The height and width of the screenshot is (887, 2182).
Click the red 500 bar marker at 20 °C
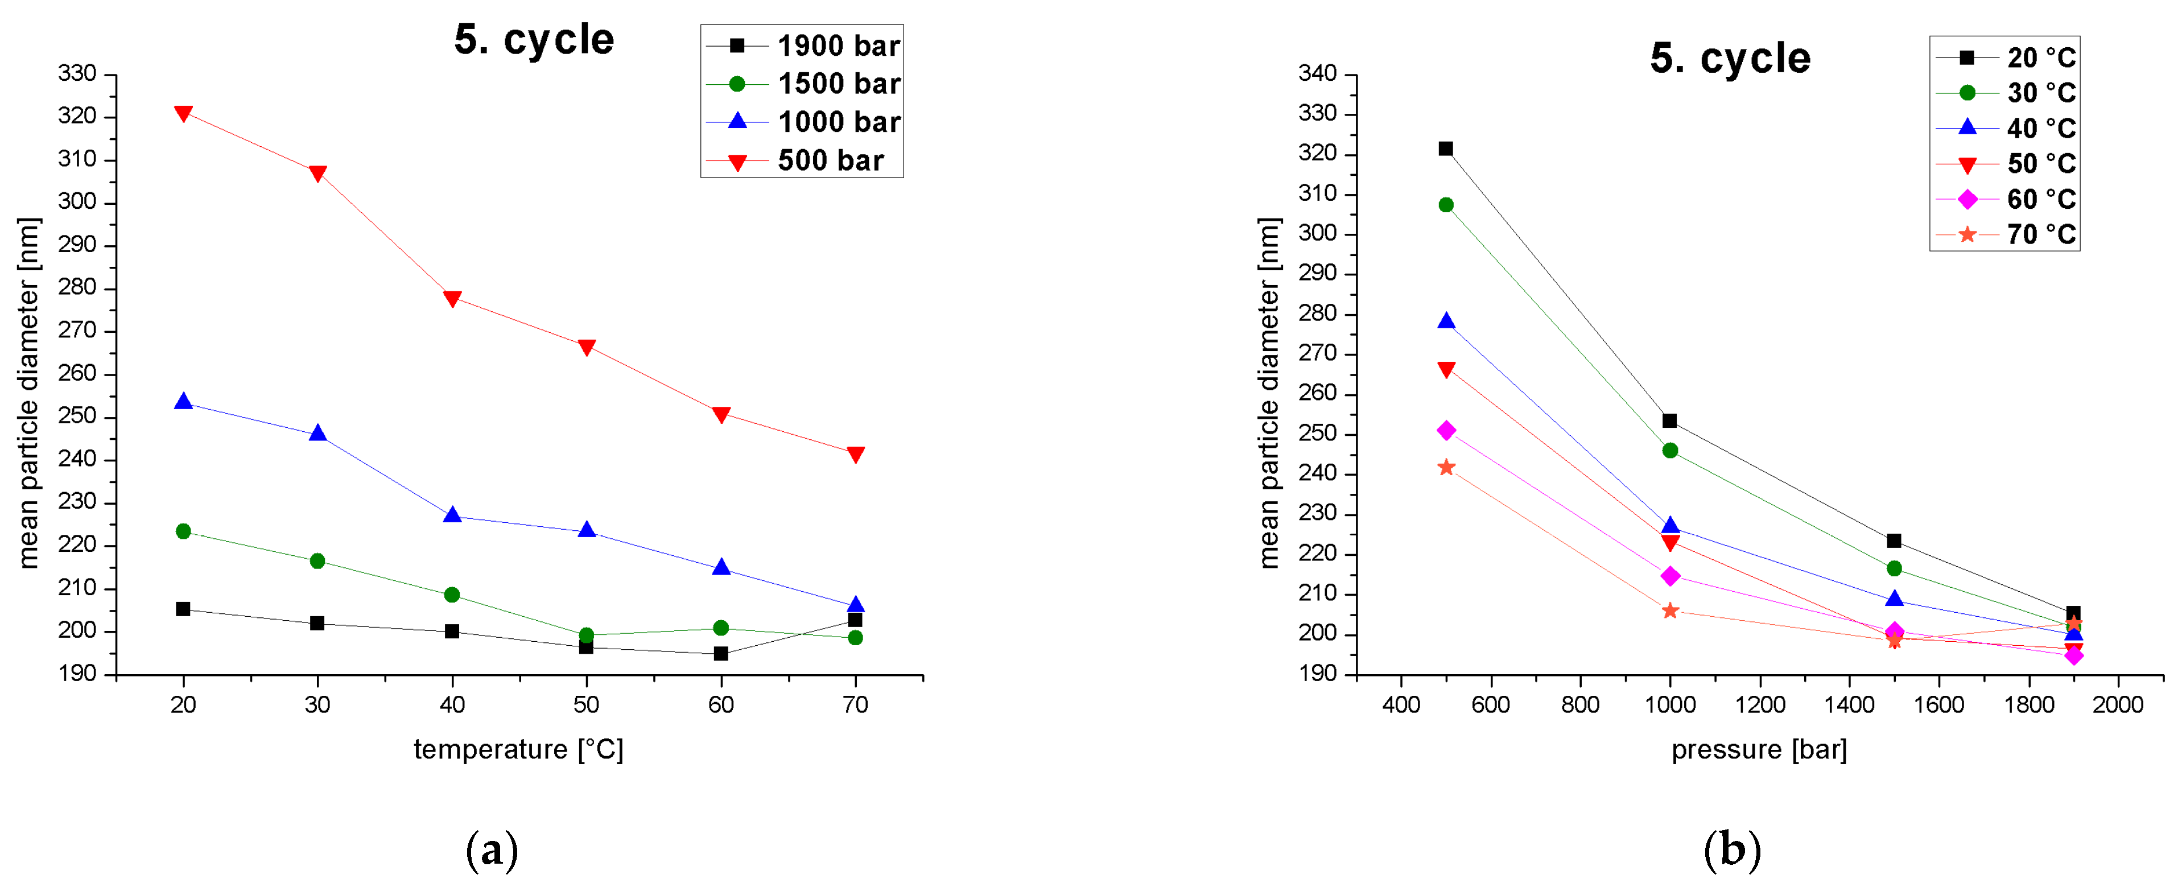183,114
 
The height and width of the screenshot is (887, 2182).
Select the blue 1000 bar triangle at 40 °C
452,515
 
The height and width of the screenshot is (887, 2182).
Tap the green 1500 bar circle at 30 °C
317,561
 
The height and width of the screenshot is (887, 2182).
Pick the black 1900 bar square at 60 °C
721,653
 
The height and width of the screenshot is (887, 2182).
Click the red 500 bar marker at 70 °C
856,455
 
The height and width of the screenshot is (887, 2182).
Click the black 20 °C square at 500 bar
1446,149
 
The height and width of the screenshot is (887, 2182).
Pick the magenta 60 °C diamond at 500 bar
1446,430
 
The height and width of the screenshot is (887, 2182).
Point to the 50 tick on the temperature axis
586,705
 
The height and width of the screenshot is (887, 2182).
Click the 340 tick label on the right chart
1317,74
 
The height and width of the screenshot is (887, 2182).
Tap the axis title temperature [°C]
518,750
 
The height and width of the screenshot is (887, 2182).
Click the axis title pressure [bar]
1759,750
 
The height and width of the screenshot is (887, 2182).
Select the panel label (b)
1731,849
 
